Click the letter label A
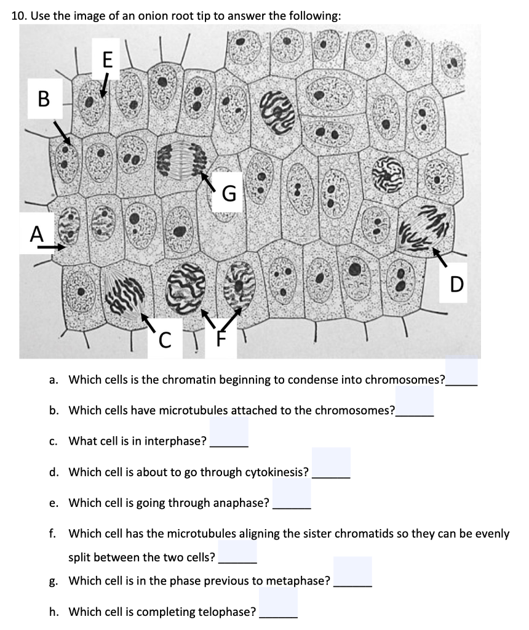tap(38, 234)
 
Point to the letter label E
tap(108, 60)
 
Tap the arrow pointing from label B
tap(62, 133)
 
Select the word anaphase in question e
tap(241, 504)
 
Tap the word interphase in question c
tap(178, 441)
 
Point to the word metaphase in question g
tap(300, 580)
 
